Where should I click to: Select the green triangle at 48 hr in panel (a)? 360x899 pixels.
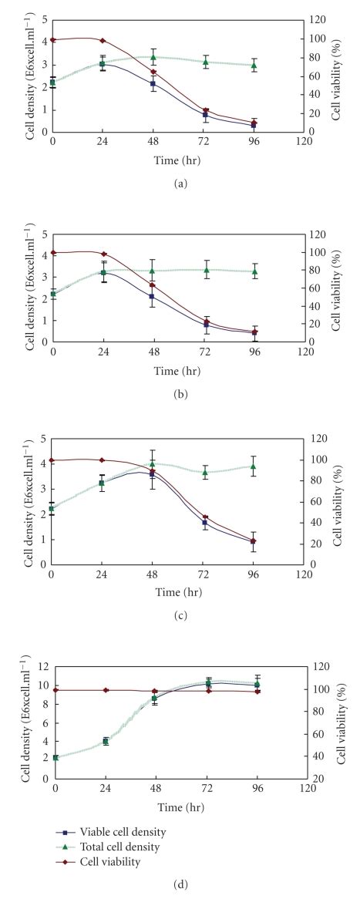pyautogui.click(x=153, y=57)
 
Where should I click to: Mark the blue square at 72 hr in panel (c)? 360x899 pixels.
pyautogui.click(x=204, y=522)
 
